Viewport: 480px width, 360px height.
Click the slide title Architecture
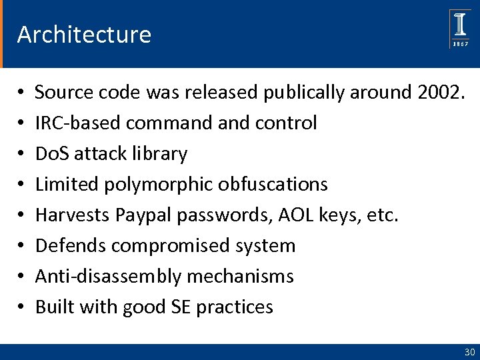pyautogui.click(x=84, y=34)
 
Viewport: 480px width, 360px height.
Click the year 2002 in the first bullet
pyautogui.click(x=437, y=93)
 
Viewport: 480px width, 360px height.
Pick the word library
pyautogui.click(x=159, y=154)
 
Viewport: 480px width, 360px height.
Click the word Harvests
pyautogui.click(x=73, y=215)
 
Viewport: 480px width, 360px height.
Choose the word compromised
pyautogui.click(x=169, y=245)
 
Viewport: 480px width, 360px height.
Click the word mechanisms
pyautogui.click(x=236, y=276)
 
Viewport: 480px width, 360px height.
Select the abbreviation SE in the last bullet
pyautogui.click(x=179, y=307)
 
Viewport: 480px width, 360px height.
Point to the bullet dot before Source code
pyautogui.click(x=22, y=93)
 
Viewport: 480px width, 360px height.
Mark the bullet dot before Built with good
pyautogui.click(x=22, y=307)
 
